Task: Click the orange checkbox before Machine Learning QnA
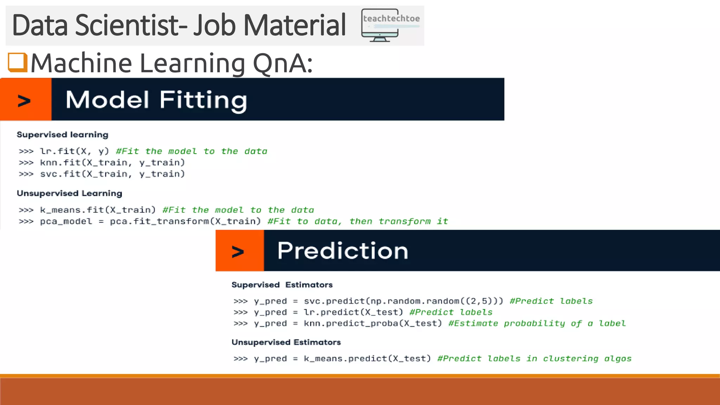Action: click(x=18, y=62)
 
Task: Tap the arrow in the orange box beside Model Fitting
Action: click(x=24, y=101)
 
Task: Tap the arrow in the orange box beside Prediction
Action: click(x=238, y=252)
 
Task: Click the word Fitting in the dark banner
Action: click(x=203, y=100)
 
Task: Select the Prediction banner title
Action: click(x=342, y=251)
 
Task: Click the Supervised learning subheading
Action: click(x=63, y=135)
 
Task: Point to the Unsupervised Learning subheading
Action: click(x=70, y=193)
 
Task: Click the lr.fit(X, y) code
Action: click(x=74, y=151)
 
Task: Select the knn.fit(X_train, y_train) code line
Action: click(x=112, y=162)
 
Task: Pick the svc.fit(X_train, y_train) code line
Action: click(x=112, y=174)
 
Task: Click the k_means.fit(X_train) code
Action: click(x=98, y=210)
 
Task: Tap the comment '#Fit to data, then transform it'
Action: click(x=358, y=221)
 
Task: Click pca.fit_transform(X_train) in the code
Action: click(x=185, y=221)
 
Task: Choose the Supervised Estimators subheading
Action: click(x=282, y=285)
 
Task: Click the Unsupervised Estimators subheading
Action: click(x=286, y=342)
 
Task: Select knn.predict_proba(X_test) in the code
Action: click(x=373, y=323)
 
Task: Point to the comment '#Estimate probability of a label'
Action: click(x=537, y=323)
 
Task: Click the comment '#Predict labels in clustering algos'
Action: click(x=534, y=359)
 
